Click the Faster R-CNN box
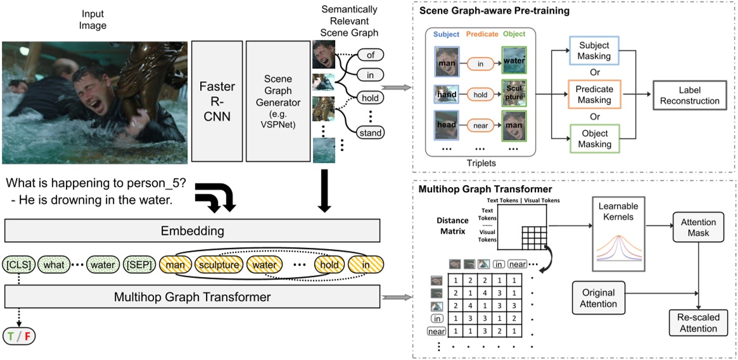pyautogui.click(x=217, y=101)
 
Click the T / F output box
pyautogui.click(x=19, y=336)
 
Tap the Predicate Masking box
pyautogui.click(x=594, y=94)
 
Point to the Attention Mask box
pyautogui.click(x=699, y=228)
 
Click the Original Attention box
pyautogui.click(x=599, y=298)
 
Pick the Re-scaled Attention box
pyautogui.click(x=699, y=323)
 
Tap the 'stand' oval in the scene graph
pyautogui.click(x=371, y=133)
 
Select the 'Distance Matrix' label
pyautogui.click(x=452, y=226)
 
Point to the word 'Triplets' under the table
pyautogui.click(x=483, y=163)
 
